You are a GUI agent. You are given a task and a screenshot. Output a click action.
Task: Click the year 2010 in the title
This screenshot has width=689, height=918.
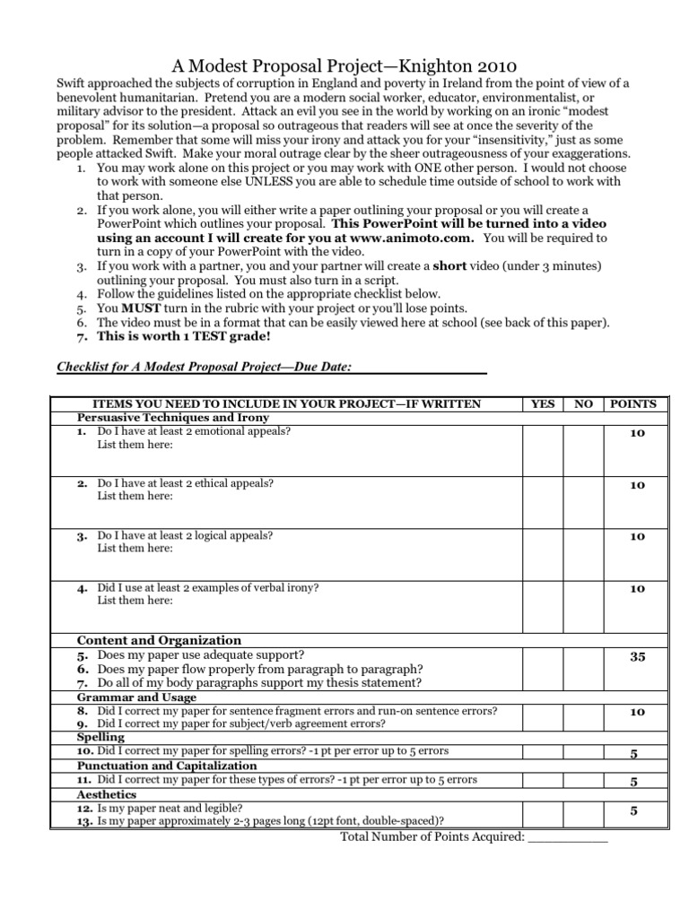pos(491,65)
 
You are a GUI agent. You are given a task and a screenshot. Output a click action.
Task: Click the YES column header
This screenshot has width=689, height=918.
pos(543,404)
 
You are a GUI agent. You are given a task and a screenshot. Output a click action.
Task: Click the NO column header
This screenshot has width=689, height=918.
pos(583,404)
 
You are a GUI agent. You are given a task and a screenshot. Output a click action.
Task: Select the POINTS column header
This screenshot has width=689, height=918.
pos(633,404)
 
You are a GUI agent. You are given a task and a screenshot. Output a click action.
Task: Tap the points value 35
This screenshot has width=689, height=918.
pos(637,657)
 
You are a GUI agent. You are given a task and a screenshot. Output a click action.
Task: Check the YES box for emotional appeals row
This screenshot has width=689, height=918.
pos(543,449)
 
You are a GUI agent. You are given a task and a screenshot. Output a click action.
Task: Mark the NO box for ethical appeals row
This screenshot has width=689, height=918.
pos(583,501)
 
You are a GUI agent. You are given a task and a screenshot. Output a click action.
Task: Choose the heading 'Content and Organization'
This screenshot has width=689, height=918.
pos(159,640)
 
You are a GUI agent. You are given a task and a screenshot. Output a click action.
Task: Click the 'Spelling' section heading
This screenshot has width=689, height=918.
pos(100,737)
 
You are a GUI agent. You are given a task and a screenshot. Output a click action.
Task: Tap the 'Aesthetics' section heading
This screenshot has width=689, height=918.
pos(107,794)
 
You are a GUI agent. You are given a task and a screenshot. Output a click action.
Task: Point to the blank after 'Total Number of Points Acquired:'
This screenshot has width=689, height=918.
pos(567,837)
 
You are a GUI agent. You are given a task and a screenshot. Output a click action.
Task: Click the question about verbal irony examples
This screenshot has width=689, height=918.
pos(208,588)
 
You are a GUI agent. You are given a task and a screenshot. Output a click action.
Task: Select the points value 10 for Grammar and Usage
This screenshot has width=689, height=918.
pos(637,712)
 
